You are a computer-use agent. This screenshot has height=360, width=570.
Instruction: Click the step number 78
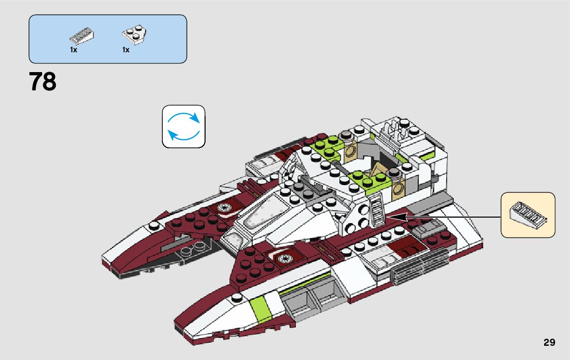click(43, 82)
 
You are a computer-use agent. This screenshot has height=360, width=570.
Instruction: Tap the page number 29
click(549, 342)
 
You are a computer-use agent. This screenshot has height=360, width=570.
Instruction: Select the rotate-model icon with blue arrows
click(183, 126)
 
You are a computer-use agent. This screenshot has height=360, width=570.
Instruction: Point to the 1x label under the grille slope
click(74, 50)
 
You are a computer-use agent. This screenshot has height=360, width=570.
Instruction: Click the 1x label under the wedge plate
click(125, 50)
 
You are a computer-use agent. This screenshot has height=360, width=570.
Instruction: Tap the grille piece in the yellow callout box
click(527, 214)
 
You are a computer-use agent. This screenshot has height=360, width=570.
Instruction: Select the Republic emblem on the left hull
click(223, 207)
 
